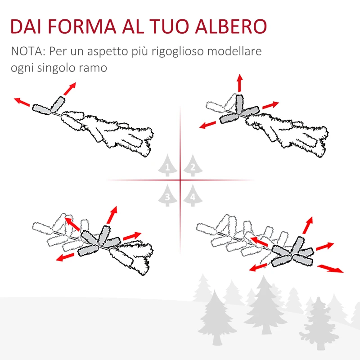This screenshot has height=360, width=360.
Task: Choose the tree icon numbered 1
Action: (x=168, y=166)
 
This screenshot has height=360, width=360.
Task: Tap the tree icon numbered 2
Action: (x=192, y=166)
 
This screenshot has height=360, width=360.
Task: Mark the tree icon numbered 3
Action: (x=168, y=195)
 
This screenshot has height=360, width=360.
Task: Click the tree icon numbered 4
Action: (x=192, y=195)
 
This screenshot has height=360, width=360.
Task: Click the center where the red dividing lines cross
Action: (x=180, y=180)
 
